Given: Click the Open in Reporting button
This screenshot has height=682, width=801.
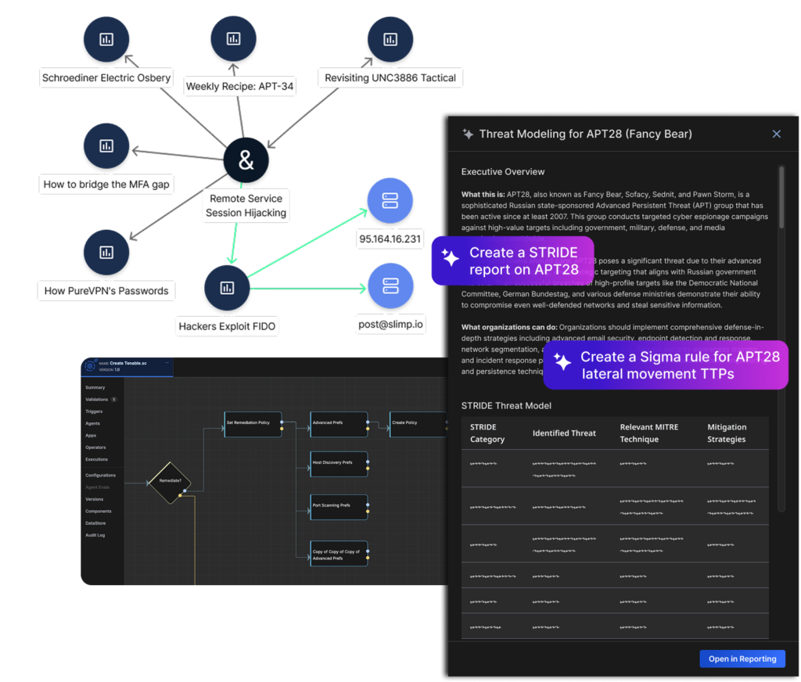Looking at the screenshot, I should point(742,659).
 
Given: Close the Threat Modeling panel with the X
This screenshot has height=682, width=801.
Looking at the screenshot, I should point(776,134).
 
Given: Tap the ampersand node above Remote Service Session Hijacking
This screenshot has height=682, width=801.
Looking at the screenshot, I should point(246,160).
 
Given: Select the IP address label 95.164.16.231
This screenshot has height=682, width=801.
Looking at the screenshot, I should point(390,239).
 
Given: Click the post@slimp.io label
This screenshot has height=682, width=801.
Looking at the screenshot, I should point(390,324).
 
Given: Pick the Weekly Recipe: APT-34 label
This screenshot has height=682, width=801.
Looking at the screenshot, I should point(239,86).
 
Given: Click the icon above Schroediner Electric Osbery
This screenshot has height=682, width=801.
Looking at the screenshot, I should point(106,39).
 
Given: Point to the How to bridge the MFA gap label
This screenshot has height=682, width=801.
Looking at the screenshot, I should point(106,185).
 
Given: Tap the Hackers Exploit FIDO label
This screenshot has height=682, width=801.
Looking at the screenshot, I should point(226,325).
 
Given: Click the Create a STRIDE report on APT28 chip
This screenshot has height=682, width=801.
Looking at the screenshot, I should point(512,261).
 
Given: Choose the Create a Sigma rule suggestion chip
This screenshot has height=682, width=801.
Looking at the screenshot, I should point(666,364).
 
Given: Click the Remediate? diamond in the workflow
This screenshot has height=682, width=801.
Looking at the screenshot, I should point(170,480).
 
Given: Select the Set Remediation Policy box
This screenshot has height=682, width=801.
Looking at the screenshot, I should point(252,423).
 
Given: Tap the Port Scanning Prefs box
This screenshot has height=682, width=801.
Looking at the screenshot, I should point(338,505).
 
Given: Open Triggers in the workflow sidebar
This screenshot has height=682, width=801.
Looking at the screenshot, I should point(95,411).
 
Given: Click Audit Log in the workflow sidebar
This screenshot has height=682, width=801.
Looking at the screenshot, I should point(95,535).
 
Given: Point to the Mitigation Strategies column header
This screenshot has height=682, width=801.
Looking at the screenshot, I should point(727,433).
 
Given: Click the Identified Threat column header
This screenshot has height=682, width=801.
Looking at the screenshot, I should point(564,433).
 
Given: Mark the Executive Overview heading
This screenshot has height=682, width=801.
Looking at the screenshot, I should point(503,171).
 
